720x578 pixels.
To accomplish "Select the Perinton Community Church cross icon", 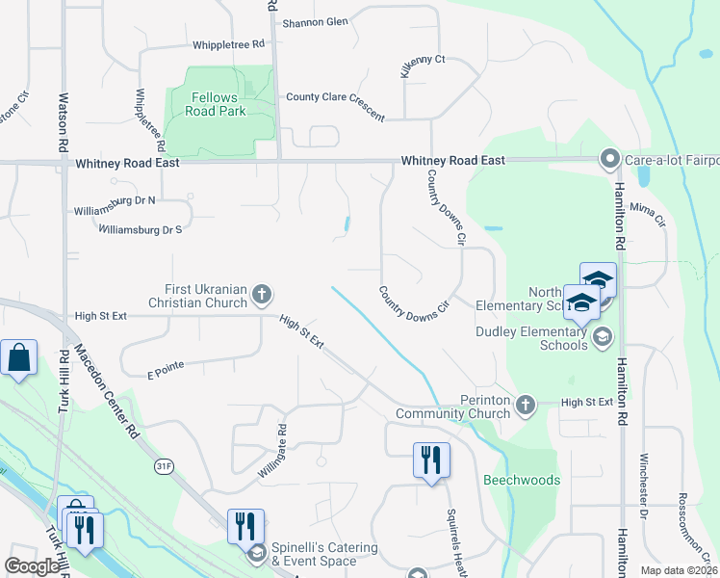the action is point(526,405).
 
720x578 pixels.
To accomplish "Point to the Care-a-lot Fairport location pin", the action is point(608,159).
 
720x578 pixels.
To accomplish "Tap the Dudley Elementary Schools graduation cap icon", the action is point(603,335).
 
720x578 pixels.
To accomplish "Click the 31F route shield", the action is point(165,466).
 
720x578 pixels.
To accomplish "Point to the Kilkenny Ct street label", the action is point(423,66).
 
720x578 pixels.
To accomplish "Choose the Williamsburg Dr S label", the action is point(141,229).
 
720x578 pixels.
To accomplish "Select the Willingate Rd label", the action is point(273,453).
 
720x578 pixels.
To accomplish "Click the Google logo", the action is point(32,566).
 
